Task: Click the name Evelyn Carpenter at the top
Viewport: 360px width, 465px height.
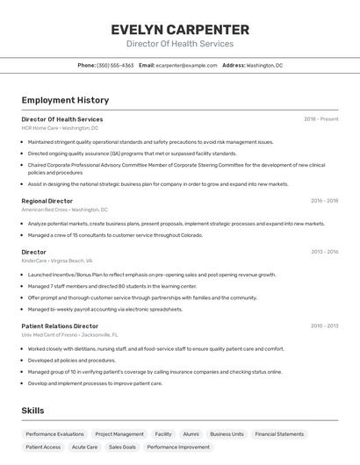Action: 180,29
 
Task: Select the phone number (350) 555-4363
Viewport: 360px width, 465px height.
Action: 115,65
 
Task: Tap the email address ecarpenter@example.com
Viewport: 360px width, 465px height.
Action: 186,65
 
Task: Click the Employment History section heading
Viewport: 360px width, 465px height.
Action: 65,101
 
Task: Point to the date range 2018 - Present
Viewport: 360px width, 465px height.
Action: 320,119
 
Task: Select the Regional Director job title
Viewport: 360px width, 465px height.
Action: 47,201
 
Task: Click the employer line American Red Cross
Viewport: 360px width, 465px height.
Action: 65,210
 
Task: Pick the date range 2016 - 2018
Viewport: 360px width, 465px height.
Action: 324,201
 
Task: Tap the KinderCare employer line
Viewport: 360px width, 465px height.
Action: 57,261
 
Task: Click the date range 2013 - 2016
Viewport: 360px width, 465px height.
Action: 324,252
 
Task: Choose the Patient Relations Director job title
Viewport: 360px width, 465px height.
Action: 60,326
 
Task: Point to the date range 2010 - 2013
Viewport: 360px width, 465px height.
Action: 324,326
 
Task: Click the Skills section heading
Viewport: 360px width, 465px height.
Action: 32,411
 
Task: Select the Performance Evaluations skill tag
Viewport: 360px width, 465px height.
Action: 54,434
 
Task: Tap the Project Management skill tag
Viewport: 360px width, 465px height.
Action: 119,434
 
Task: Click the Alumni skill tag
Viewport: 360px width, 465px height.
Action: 191,434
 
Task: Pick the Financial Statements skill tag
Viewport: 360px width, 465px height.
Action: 278,434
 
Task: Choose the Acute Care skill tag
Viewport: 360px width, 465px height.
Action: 85,447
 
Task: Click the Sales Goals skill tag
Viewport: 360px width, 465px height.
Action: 122,447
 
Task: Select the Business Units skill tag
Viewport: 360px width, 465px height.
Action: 227,434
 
